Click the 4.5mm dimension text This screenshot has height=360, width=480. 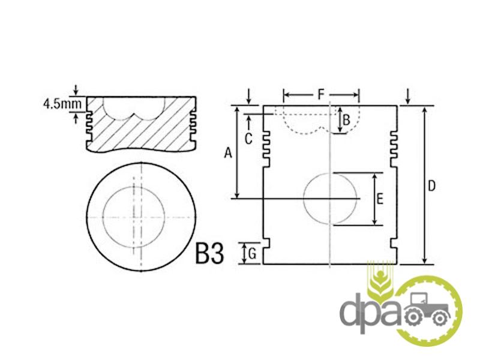(x=63, y=104)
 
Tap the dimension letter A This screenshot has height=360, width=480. (x=228, y=153)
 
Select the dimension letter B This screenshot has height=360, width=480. (x=346, y=119)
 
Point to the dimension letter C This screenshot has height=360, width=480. (x=248, y=139)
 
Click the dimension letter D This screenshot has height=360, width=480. (x=431, y=186)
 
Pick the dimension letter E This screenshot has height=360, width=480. (x=380, y=199)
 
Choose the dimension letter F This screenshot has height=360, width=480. (x=320, y=94)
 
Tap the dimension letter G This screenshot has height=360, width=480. (x=253, y=254)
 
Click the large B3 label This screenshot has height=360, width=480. (x=209, y=253)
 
